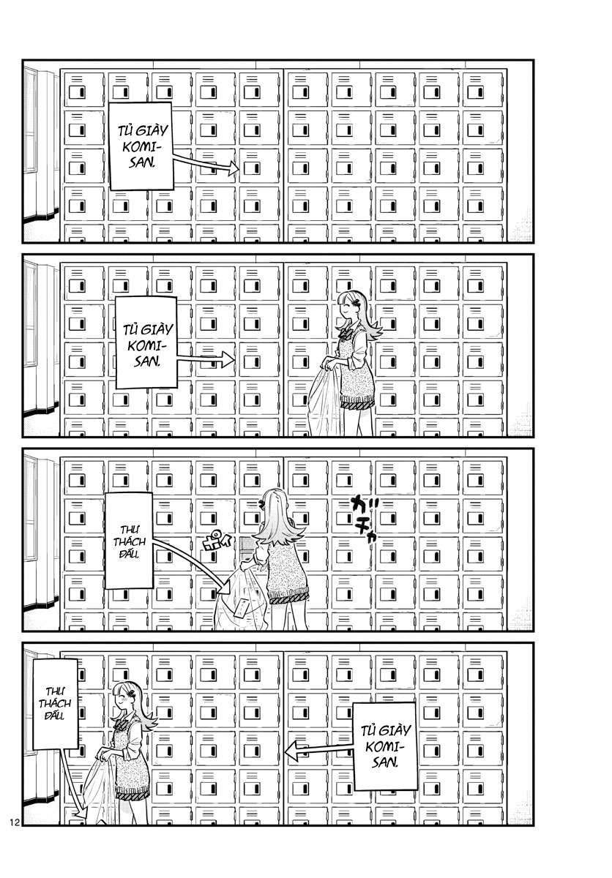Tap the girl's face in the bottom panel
(122, 702)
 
